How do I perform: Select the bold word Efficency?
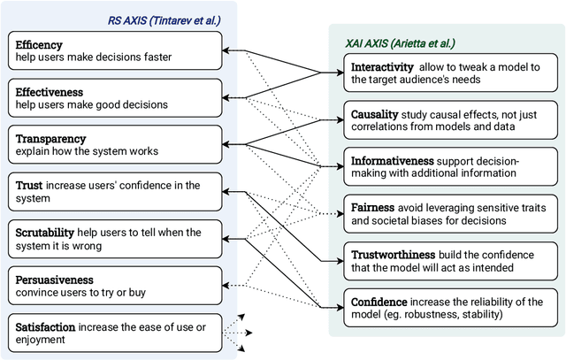point(40,42)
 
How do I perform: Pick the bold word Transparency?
point(50,138)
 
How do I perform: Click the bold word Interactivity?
point(384,67)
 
